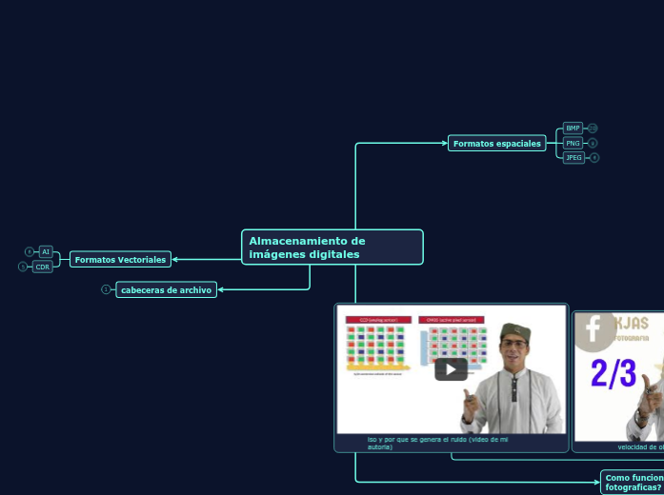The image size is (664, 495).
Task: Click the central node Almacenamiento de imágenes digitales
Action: pos(332,247)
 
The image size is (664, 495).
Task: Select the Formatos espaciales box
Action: pos(496,144)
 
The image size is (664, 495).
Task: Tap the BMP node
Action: pos(573,128)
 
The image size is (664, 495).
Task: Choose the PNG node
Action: pos(573,143)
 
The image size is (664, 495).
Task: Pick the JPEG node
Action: pos(573,157)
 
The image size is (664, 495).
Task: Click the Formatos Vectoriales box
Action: pos(120,259)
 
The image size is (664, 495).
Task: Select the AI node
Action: pos(45,251)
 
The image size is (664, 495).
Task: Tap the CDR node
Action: pos(43,267)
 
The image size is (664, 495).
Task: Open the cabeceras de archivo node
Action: pos(167,289)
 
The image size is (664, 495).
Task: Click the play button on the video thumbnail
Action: pos(451,369)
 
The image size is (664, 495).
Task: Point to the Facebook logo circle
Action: pos(593,329)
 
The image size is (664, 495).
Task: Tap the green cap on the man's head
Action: pos(514,331)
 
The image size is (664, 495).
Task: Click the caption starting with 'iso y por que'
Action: pos(437,442)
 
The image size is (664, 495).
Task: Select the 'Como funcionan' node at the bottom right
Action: pos(633,482)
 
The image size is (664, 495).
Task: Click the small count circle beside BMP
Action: pos(593,128)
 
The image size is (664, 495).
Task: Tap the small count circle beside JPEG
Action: pos(594,157)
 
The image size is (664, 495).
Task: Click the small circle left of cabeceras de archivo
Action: pos(106,289)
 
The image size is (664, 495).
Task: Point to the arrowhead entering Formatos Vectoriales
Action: pos(175,259)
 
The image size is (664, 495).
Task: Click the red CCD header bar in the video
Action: pos(378,320)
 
